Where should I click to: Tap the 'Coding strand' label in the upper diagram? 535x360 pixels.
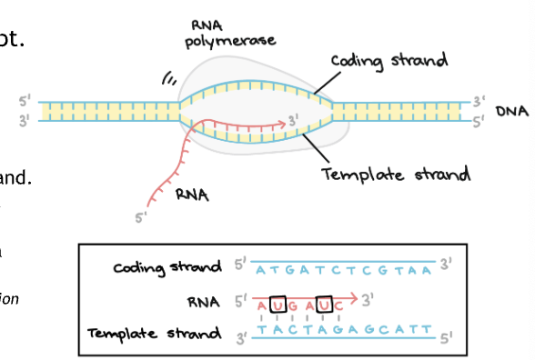pyautogui.click(x=389, y=61)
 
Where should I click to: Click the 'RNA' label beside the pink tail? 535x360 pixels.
pyautogui.click(x=191, y=192)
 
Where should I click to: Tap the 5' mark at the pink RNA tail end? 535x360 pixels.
pyautogui.click(x=140, y=217)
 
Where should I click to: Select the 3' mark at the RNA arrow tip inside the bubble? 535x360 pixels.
pyautogui.click(x=292, y=119)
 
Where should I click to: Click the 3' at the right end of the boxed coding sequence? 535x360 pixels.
pyautogui.click(x=446, y=265)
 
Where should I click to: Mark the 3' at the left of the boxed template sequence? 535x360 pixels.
pyautogui.click(x=239, y=337)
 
